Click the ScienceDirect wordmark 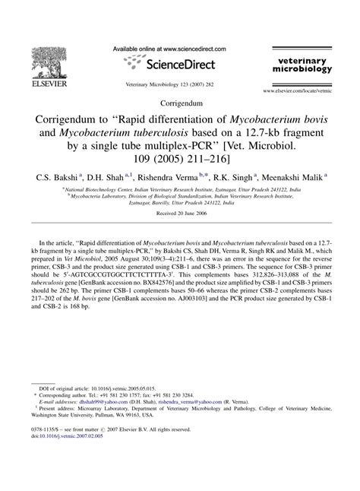click(188, 65)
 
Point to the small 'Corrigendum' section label click(179, 103)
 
